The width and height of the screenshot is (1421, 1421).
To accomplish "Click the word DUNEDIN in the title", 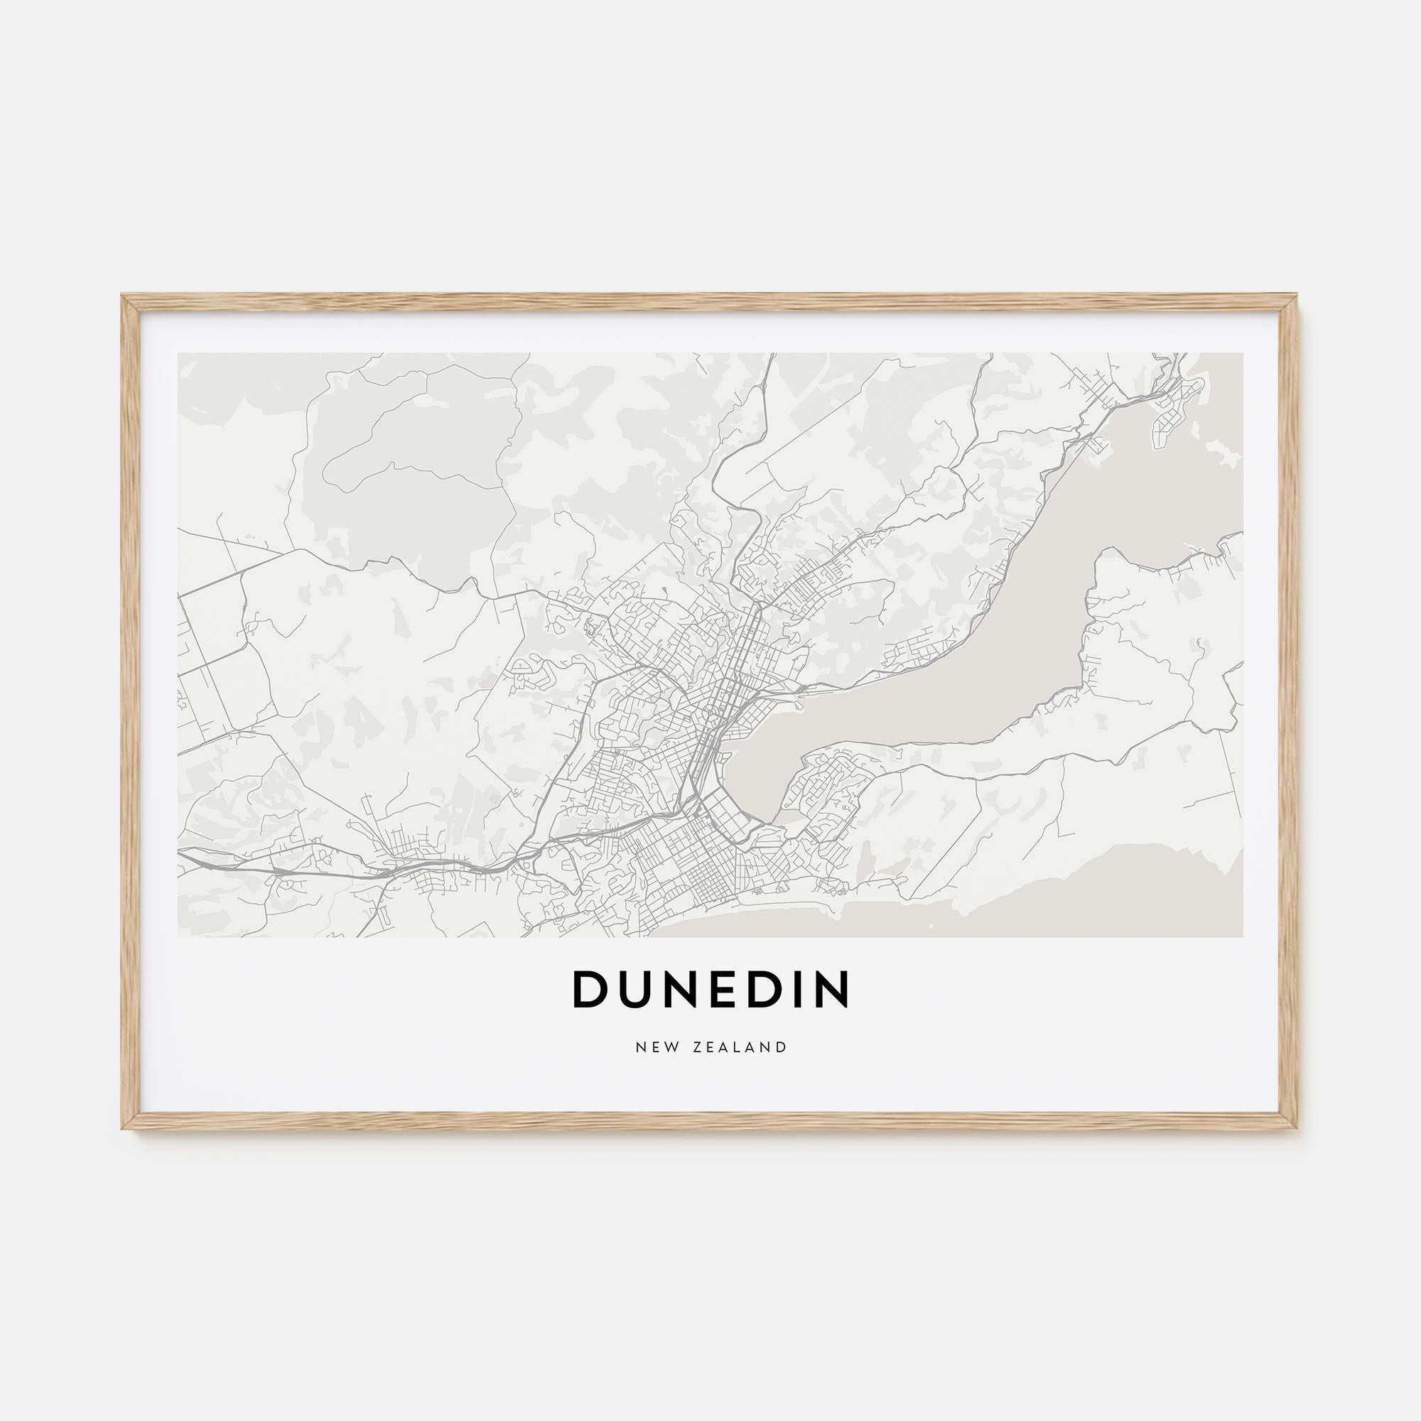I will [x=710, y=990].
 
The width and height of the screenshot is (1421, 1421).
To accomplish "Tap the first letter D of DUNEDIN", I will [x=588, y=990].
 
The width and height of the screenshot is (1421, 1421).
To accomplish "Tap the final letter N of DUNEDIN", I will [x=832, y=990].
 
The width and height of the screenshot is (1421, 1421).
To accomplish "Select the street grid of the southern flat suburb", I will [x=684, y=860].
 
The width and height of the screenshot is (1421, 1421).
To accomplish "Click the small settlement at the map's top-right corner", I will [x=1177, y=397].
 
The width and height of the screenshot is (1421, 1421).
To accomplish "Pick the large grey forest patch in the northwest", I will [x=412, y=507].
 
